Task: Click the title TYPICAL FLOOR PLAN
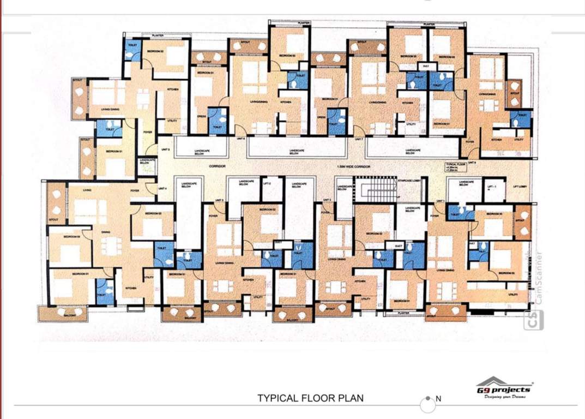310,398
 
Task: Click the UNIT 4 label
163,188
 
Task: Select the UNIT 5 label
165,149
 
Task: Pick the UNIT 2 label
326,200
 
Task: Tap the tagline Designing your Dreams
504,397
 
